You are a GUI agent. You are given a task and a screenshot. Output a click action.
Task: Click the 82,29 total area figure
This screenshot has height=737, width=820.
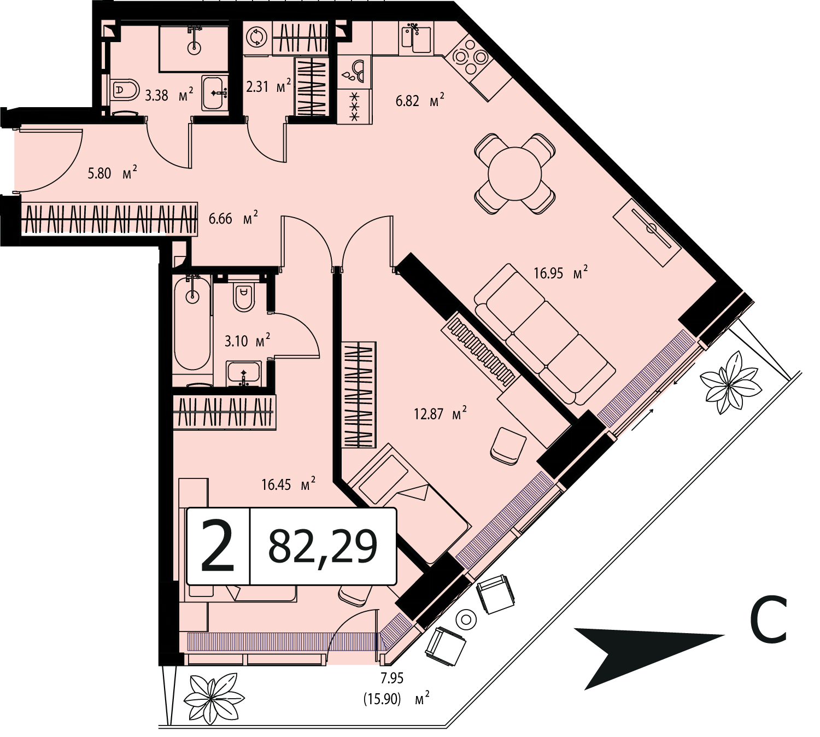(x=323, y=546)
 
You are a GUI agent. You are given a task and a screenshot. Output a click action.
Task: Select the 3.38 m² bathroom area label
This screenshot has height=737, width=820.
(x=169, y=96)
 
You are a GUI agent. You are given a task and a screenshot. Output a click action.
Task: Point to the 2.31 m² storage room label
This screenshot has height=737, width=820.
(x=268, y=86)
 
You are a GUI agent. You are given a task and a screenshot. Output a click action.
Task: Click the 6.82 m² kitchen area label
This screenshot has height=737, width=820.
(x=420, y=100)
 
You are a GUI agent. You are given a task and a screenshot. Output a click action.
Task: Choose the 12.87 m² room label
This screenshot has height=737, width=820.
(x=441, y=414)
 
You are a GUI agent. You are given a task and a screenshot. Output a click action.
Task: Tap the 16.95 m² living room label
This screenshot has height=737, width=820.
(x=561, y=273)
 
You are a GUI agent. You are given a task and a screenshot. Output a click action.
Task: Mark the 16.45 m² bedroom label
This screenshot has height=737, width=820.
(x=289, y=484)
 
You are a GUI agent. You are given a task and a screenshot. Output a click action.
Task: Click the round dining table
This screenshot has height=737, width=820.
(x=514, y=173)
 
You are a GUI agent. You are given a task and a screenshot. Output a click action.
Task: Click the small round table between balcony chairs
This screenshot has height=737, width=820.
(x=466, y=619)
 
